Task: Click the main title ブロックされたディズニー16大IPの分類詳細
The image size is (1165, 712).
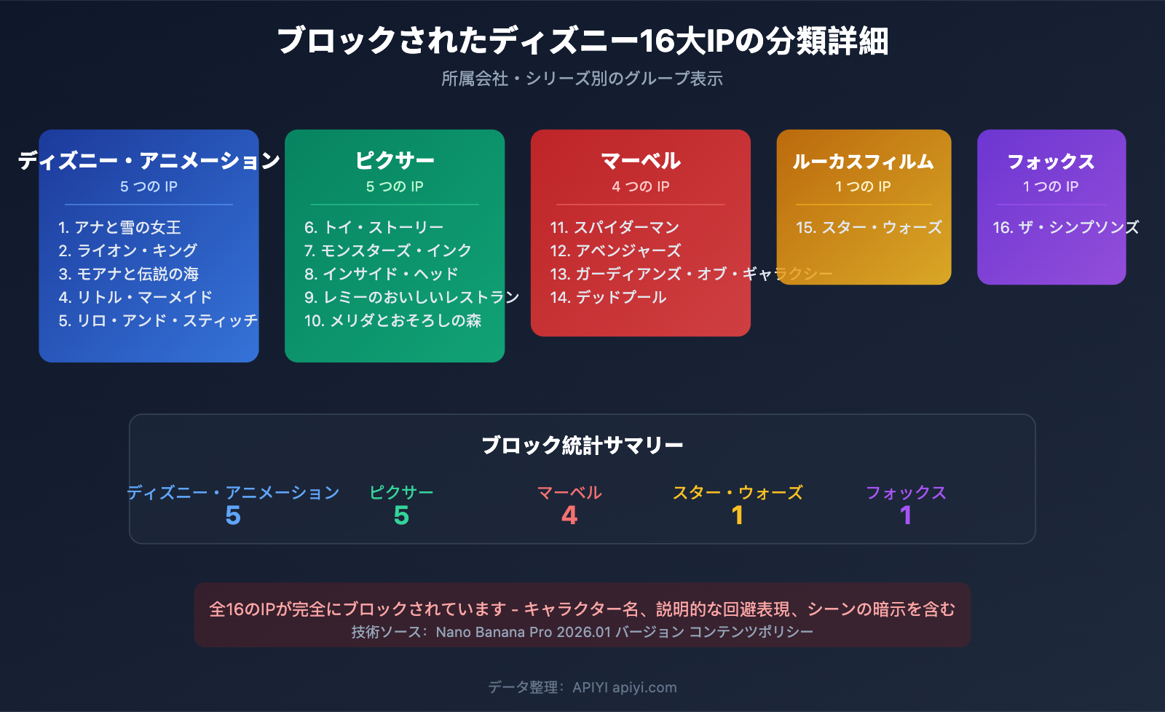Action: pos(582,41)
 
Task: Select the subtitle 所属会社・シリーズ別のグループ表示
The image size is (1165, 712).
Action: pos(582,79)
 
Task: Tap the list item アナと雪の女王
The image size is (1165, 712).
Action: pos(120,227)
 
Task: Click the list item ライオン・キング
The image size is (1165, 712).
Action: pos(128,250)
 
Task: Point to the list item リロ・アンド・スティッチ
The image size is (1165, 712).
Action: pos(158,320)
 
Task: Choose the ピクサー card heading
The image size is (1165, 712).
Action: pos(395,160)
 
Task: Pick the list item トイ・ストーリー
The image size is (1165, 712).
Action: pos(374,227)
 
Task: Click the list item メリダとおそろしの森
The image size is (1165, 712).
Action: pos(393,320)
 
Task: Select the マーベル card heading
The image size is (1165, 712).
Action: pos(641,160)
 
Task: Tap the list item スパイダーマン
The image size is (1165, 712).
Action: pos(615,227)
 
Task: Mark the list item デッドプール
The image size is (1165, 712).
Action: pos(609,297)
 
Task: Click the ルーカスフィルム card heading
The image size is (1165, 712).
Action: pos(864,161)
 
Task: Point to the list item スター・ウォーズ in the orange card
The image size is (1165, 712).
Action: pos(869,227)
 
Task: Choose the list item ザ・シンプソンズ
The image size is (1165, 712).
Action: pos(1065,227)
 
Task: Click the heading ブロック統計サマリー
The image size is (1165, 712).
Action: pos(582,445)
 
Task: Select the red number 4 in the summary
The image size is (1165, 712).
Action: pos(569,515)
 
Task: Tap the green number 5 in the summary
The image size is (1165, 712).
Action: pos(401,515)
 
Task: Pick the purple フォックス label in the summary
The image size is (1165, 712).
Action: pos(906,493)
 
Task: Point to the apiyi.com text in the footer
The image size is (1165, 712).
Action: pos(644,687)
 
